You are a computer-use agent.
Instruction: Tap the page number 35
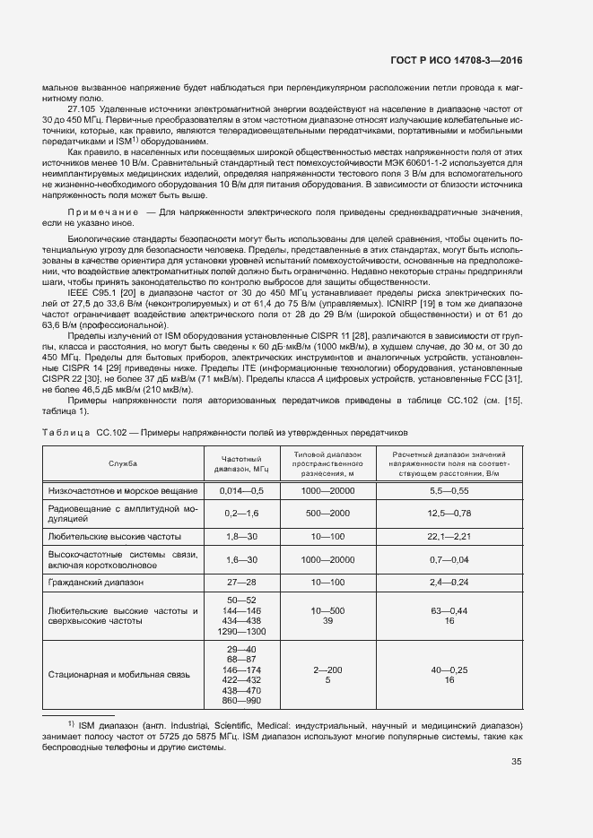[516, 763]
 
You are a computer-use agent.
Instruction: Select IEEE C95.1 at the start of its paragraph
[92, 292]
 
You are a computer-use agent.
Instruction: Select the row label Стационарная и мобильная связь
[118, 674]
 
